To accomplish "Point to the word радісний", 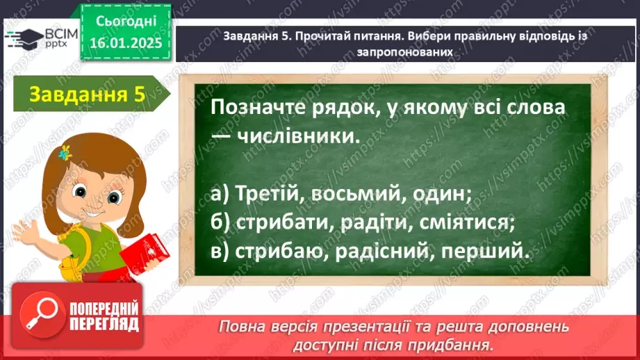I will [381, 252].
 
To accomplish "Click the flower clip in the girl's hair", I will [67, 152].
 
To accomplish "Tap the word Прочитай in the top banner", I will [325, 37].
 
